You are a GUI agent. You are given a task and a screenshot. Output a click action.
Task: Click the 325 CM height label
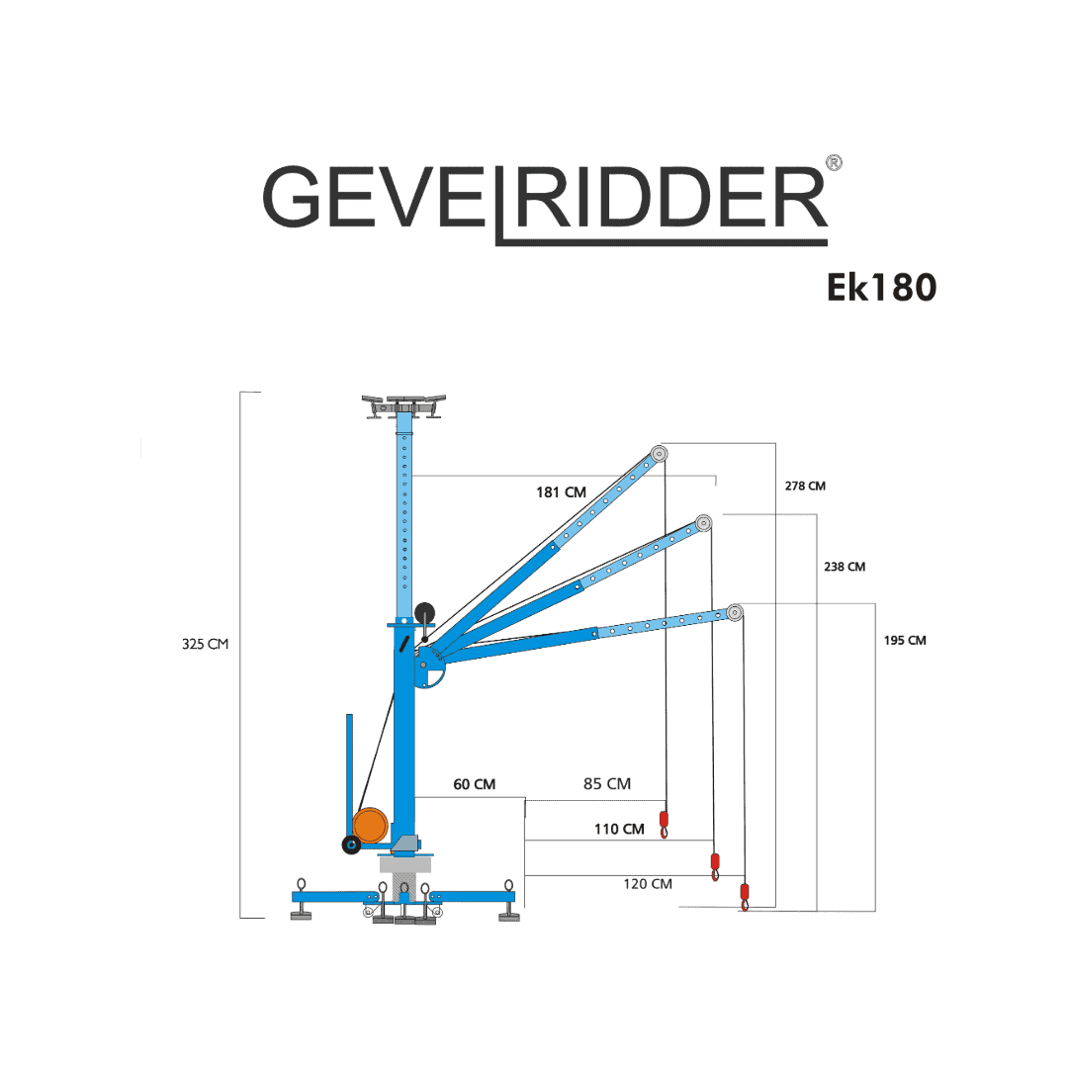pyautogui.click(x=205, y=645)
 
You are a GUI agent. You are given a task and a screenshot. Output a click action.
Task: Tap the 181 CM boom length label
pyautogui.click(x=562, y=491)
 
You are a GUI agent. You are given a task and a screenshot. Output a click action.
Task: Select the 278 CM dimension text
pyautogui.click(x=805, y=486)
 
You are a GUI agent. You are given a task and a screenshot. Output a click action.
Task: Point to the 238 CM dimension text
pyautogui.click(x=845, y=567)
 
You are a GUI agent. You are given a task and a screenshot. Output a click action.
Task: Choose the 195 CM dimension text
pyautogui.click(x=905, y=640)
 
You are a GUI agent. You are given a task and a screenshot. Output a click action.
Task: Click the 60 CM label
pyautogui.click(x=474, y=784)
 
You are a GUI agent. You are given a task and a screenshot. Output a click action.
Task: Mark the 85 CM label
pyautogui.click(x=607, y=784)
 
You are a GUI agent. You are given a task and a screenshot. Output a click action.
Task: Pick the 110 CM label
pyautogui.click(x=619, y=829)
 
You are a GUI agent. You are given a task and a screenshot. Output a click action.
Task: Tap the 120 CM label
pyautogui.click(x=648, y=884)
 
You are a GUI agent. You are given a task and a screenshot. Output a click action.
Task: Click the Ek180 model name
pyautogui.click(x=881, y=288)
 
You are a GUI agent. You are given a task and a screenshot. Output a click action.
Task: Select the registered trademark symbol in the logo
pyautogui.click(x=834, y=163)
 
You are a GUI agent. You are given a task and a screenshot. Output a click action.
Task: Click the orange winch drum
pyautogui.click(x=371, y=825)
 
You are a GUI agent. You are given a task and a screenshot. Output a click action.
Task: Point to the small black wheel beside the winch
pyautogui.click(x=351, y=845)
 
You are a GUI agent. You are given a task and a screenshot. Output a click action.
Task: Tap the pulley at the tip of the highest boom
pyautogui.click(x=659, y=454)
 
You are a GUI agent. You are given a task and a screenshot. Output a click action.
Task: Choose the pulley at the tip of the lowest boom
pyautogui.click(x=734, y=612)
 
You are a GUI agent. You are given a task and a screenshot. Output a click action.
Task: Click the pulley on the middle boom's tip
pyautogui.click(x=704, y=523)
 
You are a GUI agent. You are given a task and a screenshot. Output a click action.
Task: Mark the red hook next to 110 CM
pyautogui.click(x=665, y=824)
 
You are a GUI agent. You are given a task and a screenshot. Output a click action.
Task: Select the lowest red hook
pyautogui.click(x=745, y=896)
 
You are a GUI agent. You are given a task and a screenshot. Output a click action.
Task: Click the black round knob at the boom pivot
pyautogui.click(x=424, y=612)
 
